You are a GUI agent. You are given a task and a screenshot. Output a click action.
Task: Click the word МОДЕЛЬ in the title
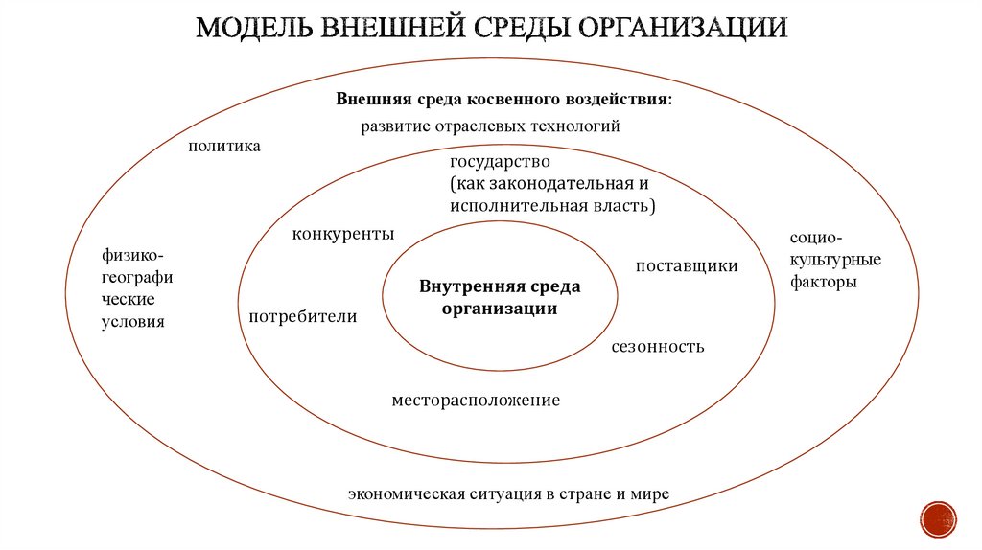click(x=253, y=27)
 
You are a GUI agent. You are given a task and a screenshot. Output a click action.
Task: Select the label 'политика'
click(x=224, y=147)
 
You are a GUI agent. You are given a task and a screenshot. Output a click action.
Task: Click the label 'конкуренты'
click(x=343, y=234)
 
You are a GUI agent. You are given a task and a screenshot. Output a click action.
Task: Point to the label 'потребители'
click(x=303, y=317)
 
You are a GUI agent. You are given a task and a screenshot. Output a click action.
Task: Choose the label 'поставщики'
click(x=687, y=265)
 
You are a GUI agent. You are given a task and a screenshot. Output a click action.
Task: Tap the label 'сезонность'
click(x=658, y=346)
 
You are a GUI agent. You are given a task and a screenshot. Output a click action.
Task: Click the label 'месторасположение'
click(x=476, y=400)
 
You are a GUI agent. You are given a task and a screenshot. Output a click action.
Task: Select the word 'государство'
click(x=500, y=161)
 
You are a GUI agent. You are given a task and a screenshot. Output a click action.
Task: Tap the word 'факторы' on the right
click(x=824, y=283)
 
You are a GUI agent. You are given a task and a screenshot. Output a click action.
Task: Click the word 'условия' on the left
click(x=133, y=322)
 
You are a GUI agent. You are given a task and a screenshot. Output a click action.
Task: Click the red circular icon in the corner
click(x=938, y=518)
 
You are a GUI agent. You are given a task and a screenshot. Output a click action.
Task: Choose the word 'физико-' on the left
click(x=132, y=255)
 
